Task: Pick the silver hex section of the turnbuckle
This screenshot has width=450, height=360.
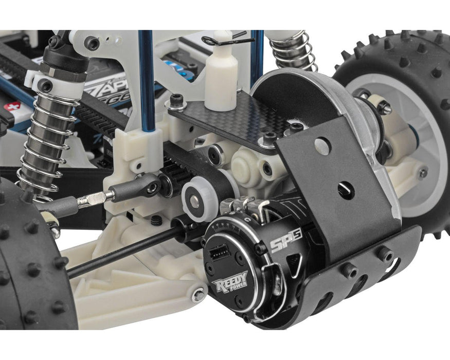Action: (x=94, y=199)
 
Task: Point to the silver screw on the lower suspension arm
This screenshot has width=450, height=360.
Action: (x=198, y=296)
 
